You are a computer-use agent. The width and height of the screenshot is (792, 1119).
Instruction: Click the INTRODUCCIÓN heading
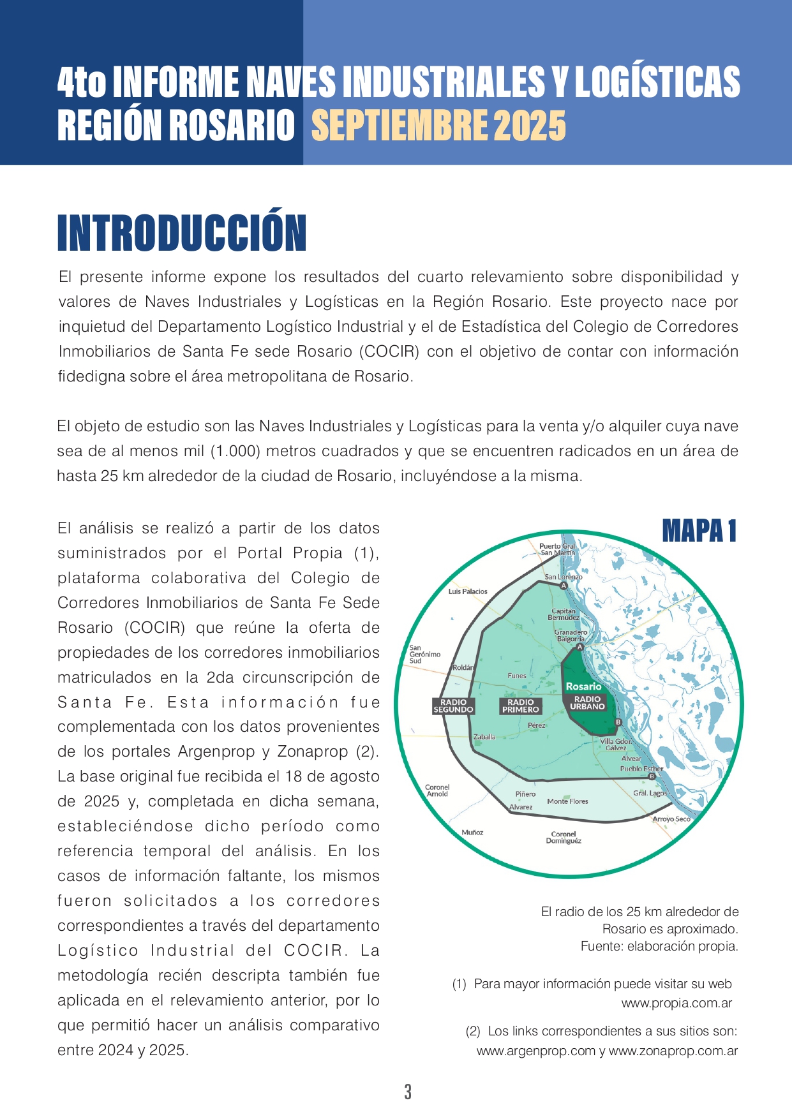click(x=182, y=233)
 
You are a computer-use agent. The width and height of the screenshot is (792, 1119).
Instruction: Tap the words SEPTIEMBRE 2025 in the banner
click(x=438, y=125)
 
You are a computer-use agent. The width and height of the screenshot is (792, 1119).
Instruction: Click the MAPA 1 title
click(x=699, y=531)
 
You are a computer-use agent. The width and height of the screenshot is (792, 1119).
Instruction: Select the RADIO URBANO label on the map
click(x=587, y=702)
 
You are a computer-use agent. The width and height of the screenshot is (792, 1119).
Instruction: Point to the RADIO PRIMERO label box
click(x=520, y=706)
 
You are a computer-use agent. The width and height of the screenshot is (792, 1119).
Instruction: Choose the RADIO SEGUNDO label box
click(x=453, y=706)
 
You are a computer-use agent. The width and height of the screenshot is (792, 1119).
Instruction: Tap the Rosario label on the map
click(x=583, y=686)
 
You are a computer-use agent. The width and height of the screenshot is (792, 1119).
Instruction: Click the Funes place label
click(x=517, y=676)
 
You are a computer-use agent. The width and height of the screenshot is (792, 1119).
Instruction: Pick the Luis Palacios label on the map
click(x=468, y=591)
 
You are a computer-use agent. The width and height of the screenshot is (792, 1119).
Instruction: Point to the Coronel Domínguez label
click(x=564, y=838)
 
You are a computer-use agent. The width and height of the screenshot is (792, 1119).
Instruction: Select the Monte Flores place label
click(x=567, y=801)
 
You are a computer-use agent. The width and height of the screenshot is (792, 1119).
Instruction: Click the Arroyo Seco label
click(x=671, y=819)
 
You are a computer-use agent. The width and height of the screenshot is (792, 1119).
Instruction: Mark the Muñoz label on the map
click(x=472, y=833)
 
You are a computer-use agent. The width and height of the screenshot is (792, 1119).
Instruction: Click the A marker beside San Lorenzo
click(x=564, y=586)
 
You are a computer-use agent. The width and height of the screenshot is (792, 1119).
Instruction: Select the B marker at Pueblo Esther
click(x=652, y=776)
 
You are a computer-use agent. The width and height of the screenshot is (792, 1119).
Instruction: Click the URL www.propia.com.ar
click(x=676, y=1003)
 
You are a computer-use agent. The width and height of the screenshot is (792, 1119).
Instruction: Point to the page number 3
click(x=408, y=1092)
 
